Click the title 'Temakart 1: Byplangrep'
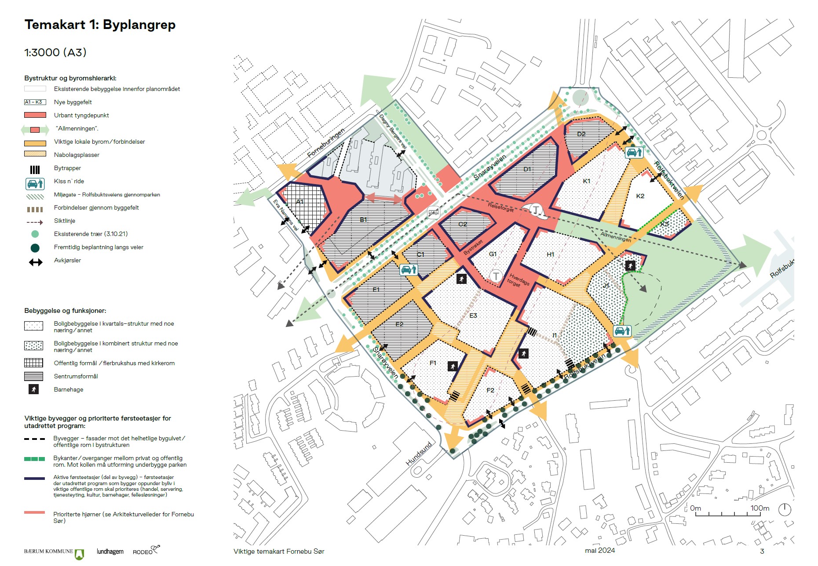click(x=100, y=25)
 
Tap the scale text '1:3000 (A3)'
click(x=55, y=53)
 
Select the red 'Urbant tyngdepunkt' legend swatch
click(x=35, y=115)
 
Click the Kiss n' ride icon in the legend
click(x=35, y=183)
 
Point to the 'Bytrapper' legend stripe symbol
click(x=35, y=170)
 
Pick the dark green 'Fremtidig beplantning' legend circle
click(x=35, y=248)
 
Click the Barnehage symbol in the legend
click(x=34, y=389)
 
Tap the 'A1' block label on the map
click(x=299, y=202)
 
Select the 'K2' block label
click(x=640, y=196)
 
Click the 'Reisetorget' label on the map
click(x=500, y=207)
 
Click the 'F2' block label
click(x=490, y=390)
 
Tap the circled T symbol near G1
click(x=496, y=276)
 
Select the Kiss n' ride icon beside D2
click(x=634, y=152)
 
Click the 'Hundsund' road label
click(x=419, y=454)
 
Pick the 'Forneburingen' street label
click(x=326, y=143)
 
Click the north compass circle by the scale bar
click(x=785, y=510)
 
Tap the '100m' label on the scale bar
click(x=760, y=508)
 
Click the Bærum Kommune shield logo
click(x=80, y=554)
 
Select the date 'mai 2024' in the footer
click(x=599, y=551)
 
